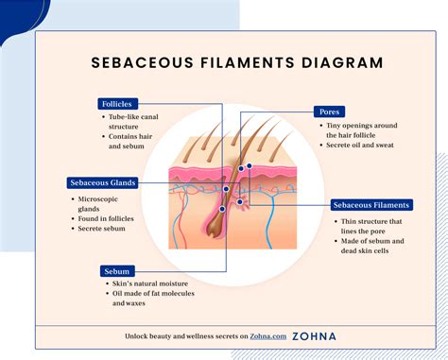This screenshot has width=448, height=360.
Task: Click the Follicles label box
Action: point(118,104)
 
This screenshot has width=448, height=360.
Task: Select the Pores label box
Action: point(329,111)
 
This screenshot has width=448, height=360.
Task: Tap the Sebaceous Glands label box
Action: point(103,182)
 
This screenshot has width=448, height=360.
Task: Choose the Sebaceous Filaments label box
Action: point(370,204)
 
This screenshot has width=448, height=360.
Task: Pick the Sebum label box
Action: point(117,271)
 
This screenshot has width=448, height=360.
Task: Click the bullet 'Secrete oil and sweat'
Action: point(361,145)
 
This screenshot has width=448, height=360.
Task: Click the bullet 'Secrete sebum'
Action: point(104,230)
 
